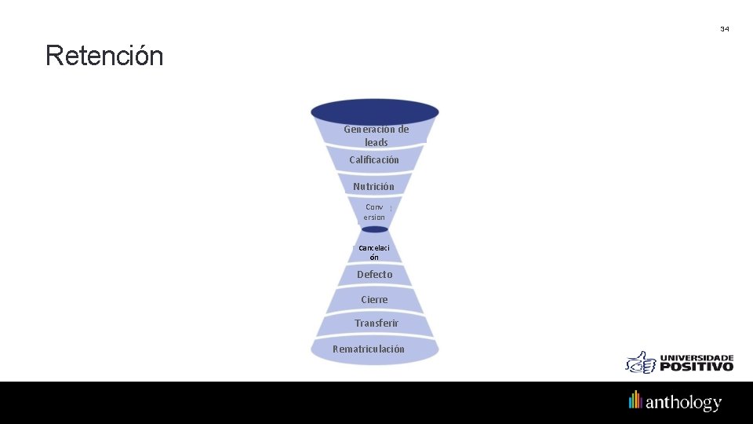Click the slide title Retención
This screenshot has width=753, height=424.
coord(104,57)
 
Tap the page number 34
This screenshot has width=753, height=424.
coord(724,29)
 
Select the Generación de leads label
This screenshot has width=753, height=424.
coord(376,136)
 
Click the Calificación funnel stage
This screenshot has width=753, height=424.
coord(374,160)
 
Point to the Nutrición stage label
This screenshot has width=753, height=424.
coord(374,187)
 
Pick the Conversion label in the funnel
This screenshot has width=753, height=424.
coord(374,212)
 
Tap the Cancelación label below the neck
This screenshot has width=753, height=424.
coord(374,252)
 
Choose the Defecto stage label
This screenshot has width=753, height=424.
coord(374,275)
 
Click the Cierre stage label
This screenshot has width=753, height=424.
coord(374,300)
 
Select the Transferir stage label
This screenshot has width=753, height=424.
coord(376,323)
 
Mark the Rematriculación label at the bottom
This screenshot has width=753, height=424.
coord(369,349)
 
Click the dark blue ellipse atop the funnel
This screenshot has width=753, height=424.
coord(375,110)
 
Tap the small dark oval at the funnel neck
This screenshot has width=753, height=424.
coord(375,229)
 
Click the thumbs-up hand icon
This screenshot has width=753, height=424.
coord(641,362)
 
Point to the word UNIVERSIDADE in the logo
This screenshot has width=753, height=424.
coord(697,357)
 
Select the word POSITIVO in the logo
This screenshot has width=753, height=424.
coord(697,366)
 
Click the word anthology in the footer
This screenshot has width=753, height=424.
coord(683,403)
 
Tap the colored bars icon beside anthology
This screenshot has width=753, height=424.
coord(635,400)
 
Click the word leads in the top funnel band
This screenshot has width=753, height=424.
coord(376,143)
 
